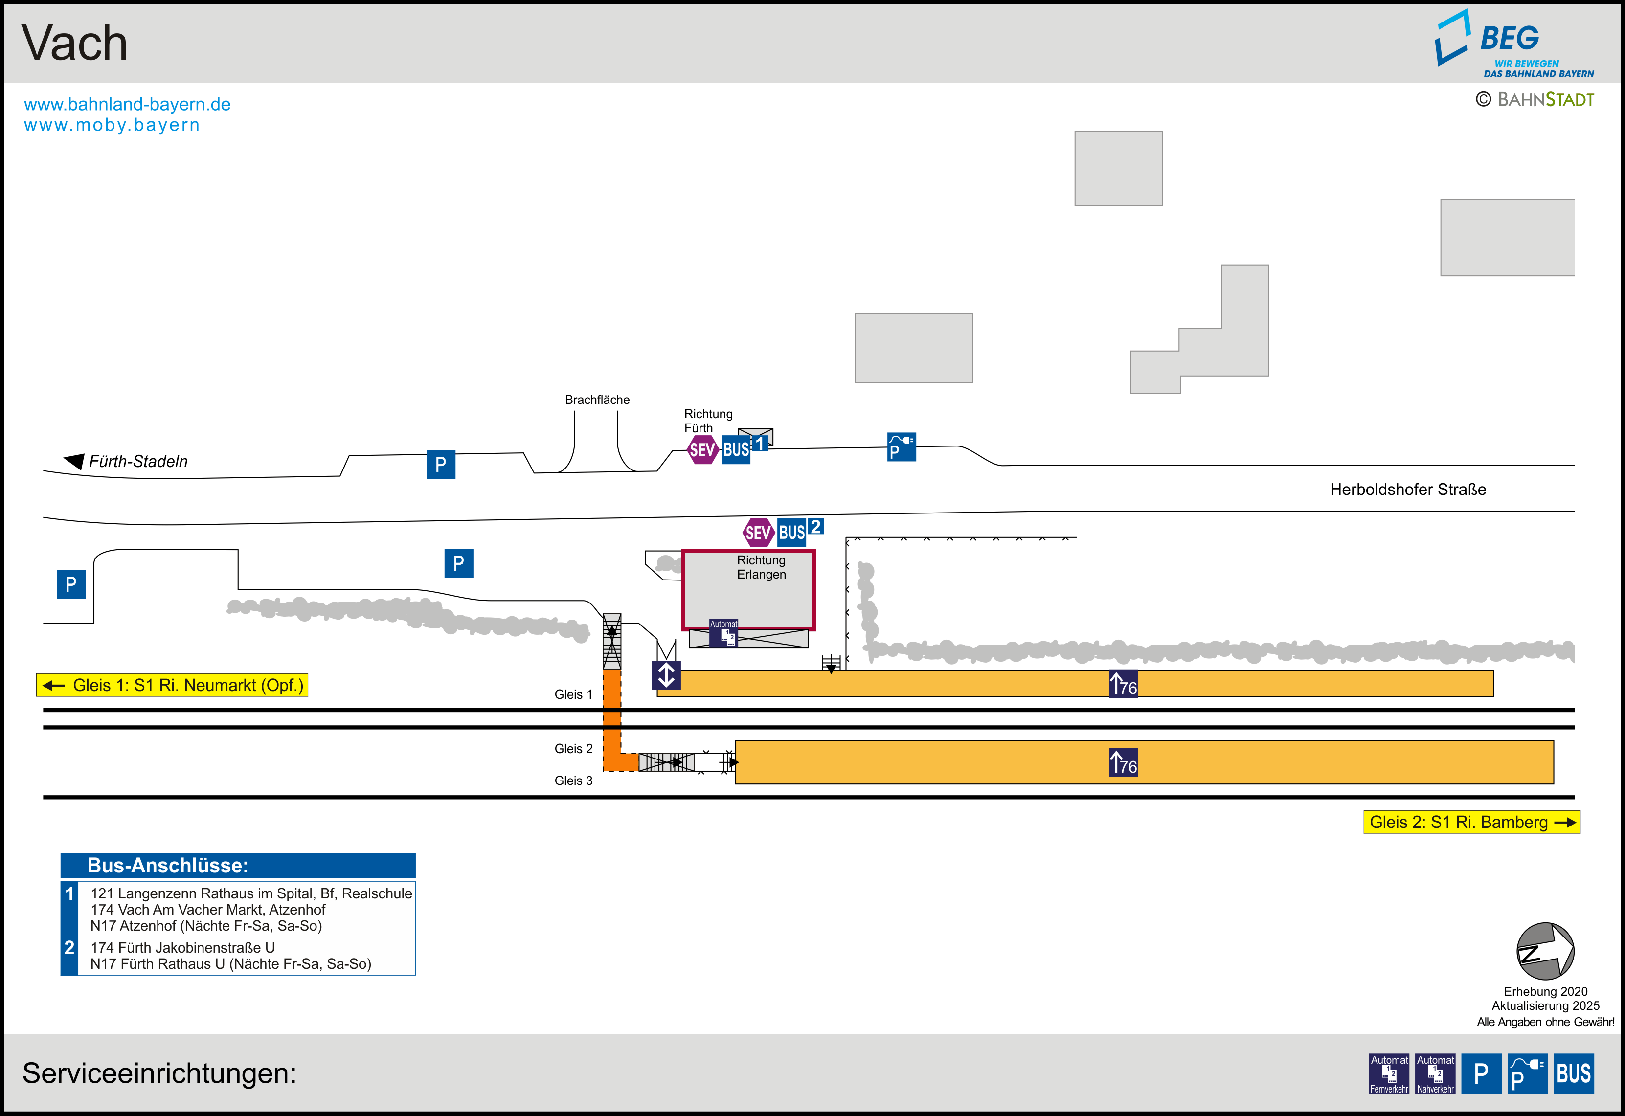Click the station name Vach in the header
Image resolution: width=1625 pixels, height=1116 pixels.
click(75, 44)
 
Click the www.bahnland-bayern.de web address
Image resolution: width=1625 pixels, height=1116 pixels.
click(127, 104)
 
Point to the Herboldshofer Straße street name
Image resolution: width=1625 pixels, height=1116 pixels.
click(1407, 490)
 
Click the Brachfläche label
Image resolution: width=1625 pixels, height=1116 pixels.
click(597, 400)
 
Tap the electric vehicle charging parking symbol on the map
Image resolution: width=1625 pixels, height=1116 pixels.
click(902, 447)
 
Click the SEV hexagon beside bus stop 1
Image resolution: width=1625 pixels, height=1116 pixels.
click(702, 449)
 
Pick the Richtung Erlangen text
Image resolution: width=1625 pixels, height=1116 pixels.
click(762, 567)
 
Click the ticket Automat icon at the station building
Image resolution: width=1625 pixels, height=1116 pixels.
click(723, 633)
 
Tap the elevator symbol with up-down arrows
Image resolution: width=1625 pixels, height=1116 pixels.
click(666, 675)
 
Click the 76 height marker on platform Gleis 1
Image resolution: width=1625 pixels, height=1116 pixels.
click(1124, 684)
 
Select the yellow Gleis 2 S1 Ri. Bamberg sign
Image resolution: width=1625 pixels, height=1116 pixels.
click(1471, 822)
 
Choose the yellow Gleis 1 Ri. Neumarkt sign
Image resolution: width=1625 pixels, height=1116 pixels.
click(172, 685)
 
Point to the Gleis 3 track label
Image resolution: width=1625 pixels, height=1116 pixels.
click(573, 781)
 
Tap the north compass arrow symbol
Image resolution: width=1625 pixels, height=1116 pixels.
click(1545, 951)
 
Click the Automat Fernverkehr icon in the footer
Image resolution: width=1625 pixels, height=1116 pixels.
click(1389, 1073)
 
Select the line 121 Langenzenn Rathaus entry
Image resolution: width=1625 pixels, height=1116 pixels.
click(251, 893)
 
